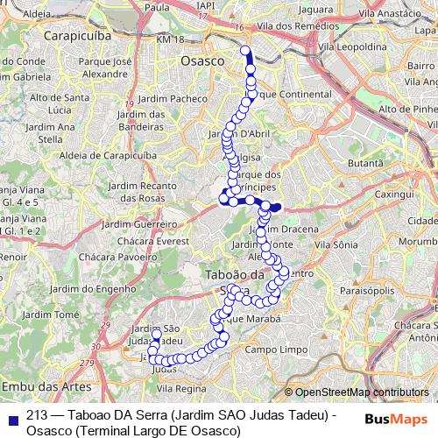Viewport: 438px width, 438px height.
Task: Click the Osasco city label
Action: (x=201, y=61)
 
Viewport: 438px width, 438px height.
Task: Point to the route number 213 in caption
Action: (x=37, y=413)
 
